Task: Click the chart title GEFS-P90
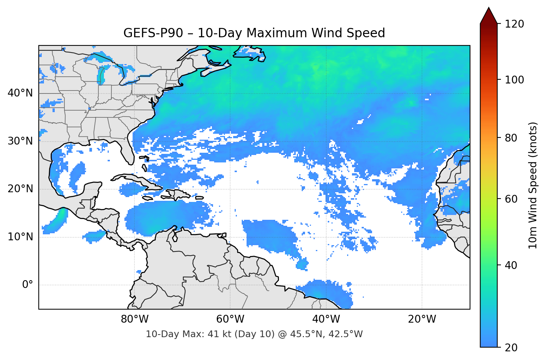pos(254,33)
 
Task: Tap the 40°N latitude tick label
pos(20,93)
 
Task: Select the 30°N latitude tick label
pos(20,141)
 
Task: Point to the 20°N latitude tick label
pos(20,189)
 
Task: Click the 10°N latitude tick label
pos(20,237)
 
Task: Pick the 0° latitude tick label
pos(28,285)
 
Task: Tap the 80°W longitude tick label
pos(134,319)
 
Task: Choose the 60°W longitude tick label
pos(230,319)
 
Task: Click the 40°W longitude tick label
pos(326,319)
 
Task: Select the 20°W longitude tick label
pos(422,319)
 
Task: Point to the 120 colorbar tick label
pos(514,24)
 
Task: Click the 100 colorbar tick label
pos(514,80)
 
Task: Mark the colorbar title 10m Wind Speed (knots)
pos(533,186)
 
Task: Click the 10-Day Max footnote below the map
pos(254,334)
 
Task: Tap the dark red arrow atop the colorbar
pos(489,16)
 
